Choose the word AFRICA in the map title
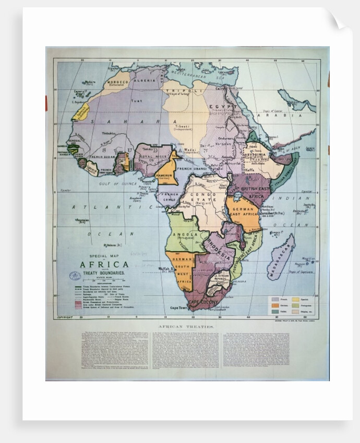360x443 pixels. click(104, 264)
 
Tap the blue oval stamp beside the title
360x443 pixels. click(75, 276)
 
